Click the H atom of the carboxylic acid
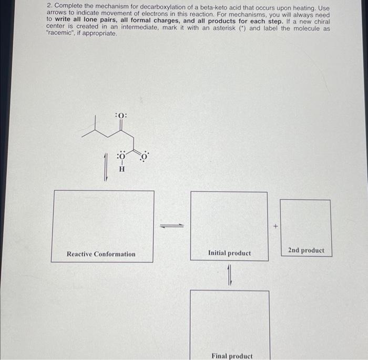point(121,169)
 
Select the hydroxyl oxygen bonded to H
point(121,156)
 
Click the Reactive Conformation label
point(101,254)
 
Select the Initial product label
point(229,253)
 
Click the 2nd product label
point(306,251)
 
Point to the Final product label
point(232,356)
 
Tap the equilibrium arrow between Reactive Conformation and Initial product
point(172,226)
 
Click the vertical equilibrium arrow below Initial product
point(229,276)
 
